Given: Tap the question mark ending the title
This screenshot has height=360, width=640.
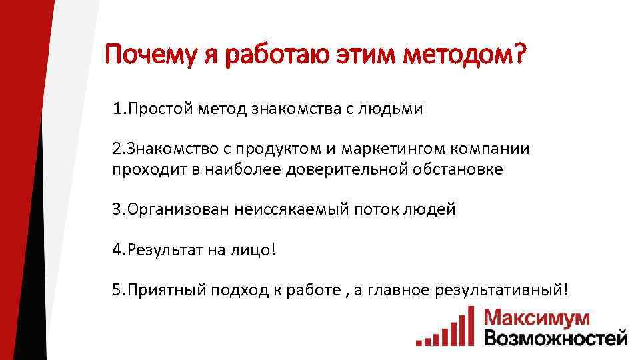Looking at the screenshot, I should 517,55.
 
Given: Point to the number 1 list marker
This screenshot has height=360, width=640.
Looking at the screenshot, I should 116,109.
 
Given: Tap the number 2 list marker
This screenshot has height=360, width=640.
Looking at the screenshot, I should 117,149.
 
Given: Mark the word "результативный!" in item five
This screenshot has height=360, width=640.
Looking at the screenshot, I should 502,290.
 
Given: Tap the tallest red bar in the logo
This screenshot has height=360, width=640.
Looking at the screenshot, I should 471,325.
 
